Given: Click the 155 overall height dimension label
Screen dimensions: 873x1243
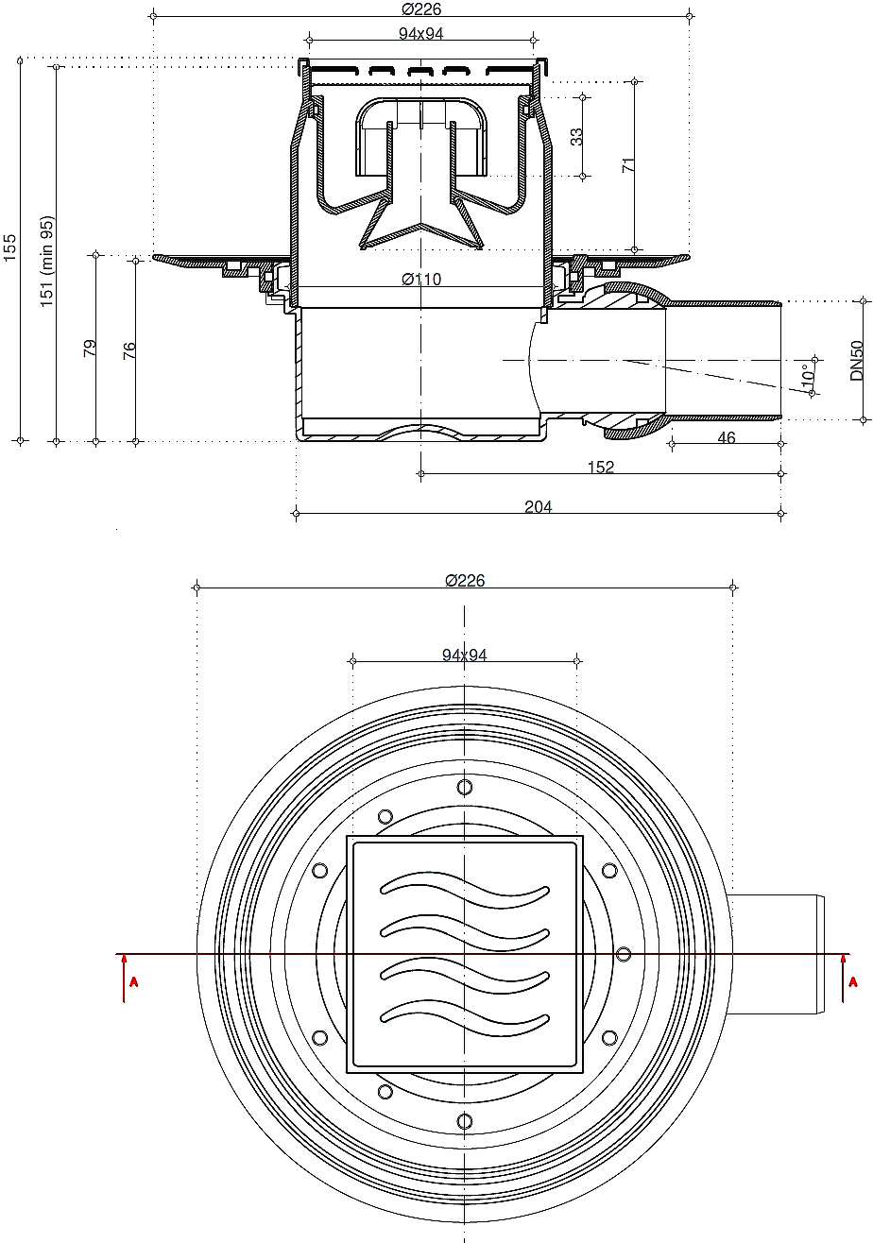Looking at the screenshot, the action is coord(10,247).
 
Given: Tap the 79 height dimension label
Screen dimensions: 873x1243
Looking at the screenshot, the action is coord(89,348).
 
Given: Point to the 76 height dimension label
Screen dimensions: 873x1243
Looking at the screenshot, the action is coord(128,350).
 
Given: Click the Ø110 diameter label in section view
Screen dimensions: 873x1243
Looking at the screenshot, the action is coord(421,280).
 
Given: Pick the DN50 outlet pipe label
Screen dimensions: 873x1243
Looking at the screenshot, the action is coord(857,361).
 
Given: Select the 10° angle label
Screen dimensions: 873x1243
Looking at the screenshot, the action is coord(808,375).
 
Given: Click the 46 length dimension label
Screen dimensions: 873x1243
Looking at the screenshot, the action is coord(726,438).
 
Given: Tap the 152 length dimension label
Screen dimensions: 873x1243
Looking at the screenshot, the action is coord(601,468).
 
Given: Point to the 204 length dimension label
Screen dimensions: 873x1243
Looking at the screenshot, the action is coord(538,506).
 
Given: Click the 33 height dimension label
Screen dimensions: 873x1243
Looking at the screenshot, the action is coord(576,137).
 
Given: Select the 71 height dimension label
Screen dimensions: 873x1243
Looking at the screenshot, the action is coord(627,164).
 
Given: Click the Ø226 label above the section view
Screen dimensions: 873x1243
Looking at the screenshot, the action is coord(421,9).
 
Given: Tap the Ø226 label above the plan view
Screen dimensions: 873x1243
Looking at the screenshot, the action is coord(465,581).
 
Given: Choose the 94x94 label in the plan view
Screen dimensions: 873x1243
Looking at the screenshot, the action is coord(465,656).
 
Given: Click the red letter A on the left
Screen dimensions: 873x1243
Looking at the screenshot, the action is coord(133,982).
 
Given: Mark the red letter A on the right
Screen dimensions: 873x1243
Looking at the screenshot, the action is coord(853,982).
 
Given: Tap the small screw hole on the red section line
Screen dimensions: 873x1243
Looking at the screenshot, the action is coord(624,954).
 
